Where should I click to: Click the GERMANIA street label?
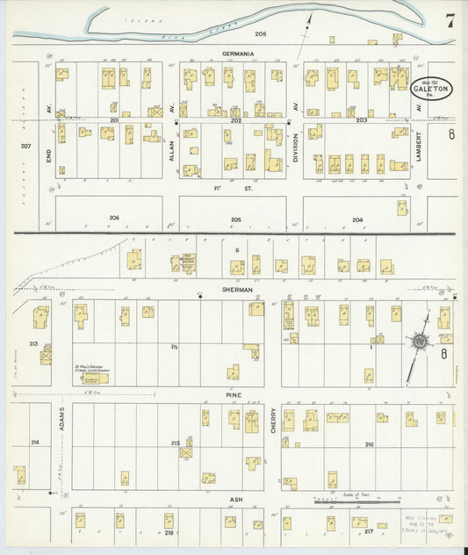(x=238, y=54)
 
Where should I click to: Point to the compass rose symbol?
(x=419, y=341)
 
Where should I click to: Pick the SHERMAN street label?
(x=237, y=289)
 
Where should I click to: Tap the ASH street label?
(x=235, y=499)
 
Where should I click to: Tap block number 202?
(x=235, y=119)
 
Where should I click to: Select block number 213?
(x=33, y=344)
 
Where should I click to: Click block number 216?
(x=369, y=444)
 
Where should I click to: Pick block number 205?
(x=235, y=219)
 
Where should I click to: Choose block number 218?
(x=168, y=532)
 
